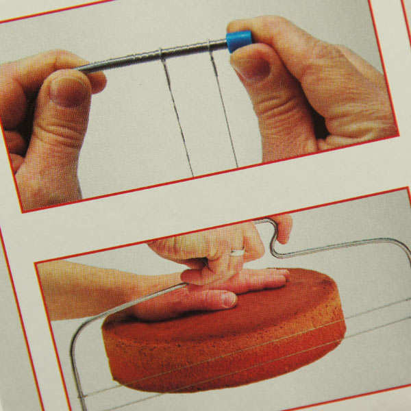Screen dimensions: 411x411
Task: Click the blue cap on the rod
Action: point(238,40)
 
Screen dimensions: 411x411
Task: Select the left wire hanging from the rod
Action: point(176,113)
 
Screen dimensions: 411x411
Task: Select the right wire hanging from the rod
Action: point(223,106)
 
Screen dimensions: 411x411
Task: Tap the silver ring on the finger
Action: point(237,252)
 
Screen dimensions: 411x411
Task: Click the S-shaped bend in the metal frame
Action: point(273,239)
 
